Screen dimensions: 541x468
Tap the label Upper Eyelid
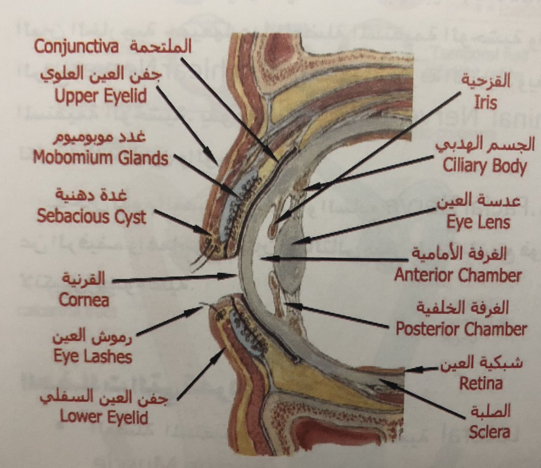coord(101,96)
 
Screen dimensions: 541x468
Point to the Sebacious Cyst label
coord(92,217)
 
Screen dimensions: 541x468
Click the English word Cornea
coord(83,300)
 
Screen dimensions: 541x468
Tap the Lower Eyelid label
coord(104,417)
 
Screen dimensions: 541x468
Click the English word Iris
coord(485,102)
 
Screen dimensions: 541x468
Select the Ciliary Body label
coord(485,166)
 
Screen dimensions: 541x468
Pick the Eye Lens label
coord(478,222)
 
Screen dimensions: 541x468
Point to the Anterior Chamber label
coord(458,275)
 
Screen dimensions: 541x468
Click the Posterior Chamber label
coord(461,329)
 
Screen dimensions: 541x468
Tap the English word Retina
coord(481,383)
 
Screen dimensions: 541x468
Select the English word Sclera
coord(489,432)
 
